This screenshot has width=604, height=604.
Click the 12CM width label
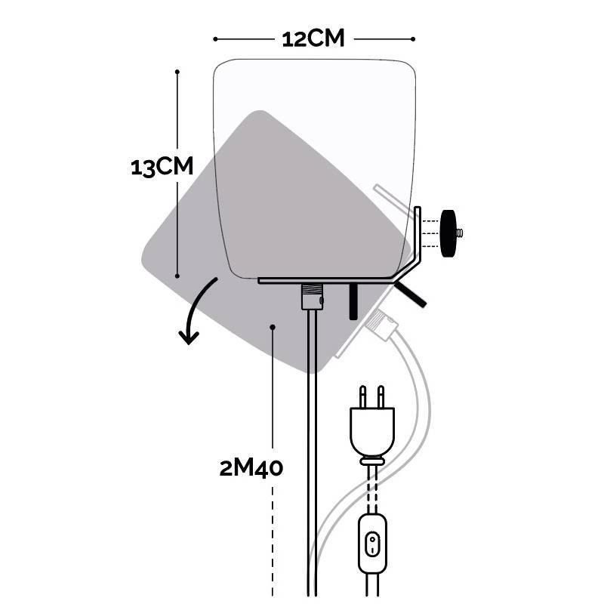pos(313,38)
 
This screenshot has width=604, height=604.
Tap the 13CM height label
pos(162,167)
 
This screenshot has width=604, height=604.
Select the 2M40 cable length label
pos(251,468)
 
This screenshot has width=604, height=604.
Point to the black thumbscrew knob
pos(451,225)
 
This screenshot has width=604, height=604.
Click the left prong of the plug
pos(363,396)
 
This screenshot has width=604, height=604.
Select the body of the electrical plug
pos(371,430)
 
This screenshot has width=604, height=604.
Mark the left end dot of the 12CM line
pos(216,39)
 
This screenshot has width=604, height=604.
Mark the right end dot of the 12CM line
pos(414,39)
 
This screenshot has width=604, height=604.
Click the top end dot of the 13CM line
pos(177,72)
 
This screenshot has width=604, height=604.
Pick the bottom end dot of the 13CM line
pos(177,276)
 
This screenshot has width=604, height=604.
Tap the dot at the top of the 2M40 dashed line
pos(273,327)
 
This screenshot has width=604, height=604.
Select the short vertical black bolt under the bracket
pos(353,301)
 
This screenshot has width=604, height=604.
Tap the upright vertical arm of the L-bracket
pos(417,234)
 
